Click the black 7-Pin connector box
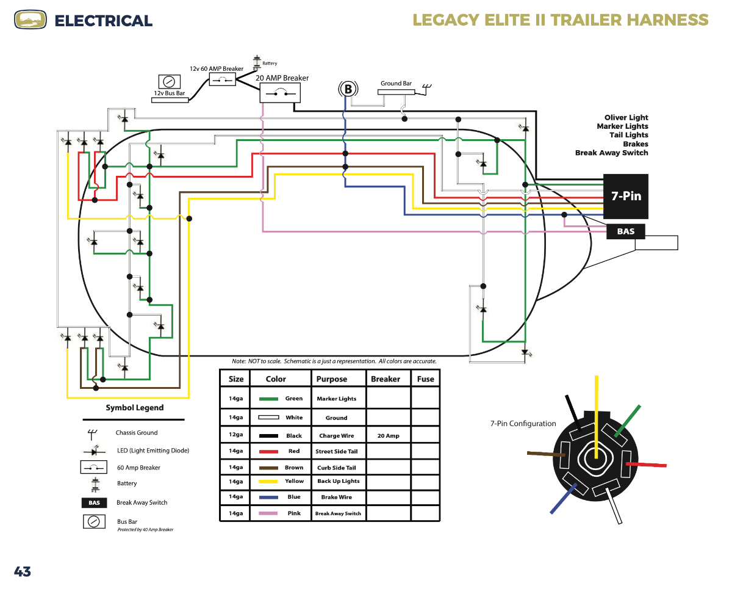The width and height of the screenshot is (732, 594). point(625,197)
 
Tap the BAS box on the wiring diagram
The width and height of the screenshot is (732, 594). point(625,231)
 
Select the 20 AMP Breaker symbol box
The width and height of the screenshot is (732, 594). point(280,93)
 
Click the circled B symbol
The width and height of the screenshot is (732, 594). point(348,89)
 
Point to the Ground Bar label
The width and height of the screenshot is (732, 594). point(396,84)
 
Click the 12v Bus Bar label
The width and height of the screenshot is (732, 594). point(169,93)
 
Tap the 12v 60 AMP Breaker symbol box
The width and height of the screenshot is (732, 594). point(223,80)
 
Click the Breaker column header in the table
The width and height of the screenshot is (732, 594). point(386,379)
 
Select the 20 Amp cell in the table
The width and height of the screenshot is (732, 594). point(389,436)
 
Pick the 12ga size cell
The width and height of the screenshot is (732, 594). point(235,435)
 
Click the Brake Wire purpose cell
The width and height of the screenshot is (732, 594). point(337,498)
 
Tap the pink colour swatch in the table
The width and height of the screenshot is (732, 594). point(268,513)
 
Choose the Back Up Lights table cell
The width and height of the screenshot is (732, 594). point(339,481)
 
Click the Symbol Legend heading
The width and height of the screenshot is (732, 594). point(135,408)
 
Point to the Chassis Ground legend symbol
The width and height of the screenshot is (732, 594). point(92,435)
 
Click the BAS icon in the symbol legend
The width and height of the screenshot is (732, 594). point(94,503)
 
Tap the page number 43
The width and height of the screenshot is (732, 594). point(23,571)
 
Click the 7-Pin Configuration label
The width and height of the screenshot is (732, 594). point(523,424)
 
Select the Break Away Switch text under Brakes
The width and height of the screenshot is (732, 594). point(611,153)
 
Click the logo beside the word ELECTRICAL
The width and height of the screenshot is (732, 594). point(30,20)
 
